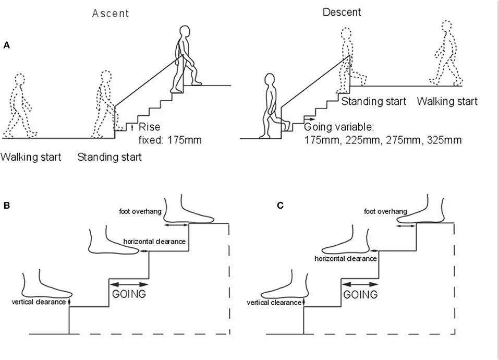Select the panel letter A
tap(7, 45)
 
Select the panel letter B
tap(7, 206)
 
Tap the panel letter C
tap(280, 206)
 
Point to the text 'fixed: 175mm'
tap(169, 140)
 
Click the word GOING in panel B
tap(129, 294)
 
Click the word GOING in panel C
tap(361, 294)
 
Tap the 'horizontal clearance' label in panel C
tap(346, 258)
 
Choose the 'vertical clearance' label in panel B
tap(39, 302)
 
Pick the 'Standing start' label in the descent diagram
tap(373, 101)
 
